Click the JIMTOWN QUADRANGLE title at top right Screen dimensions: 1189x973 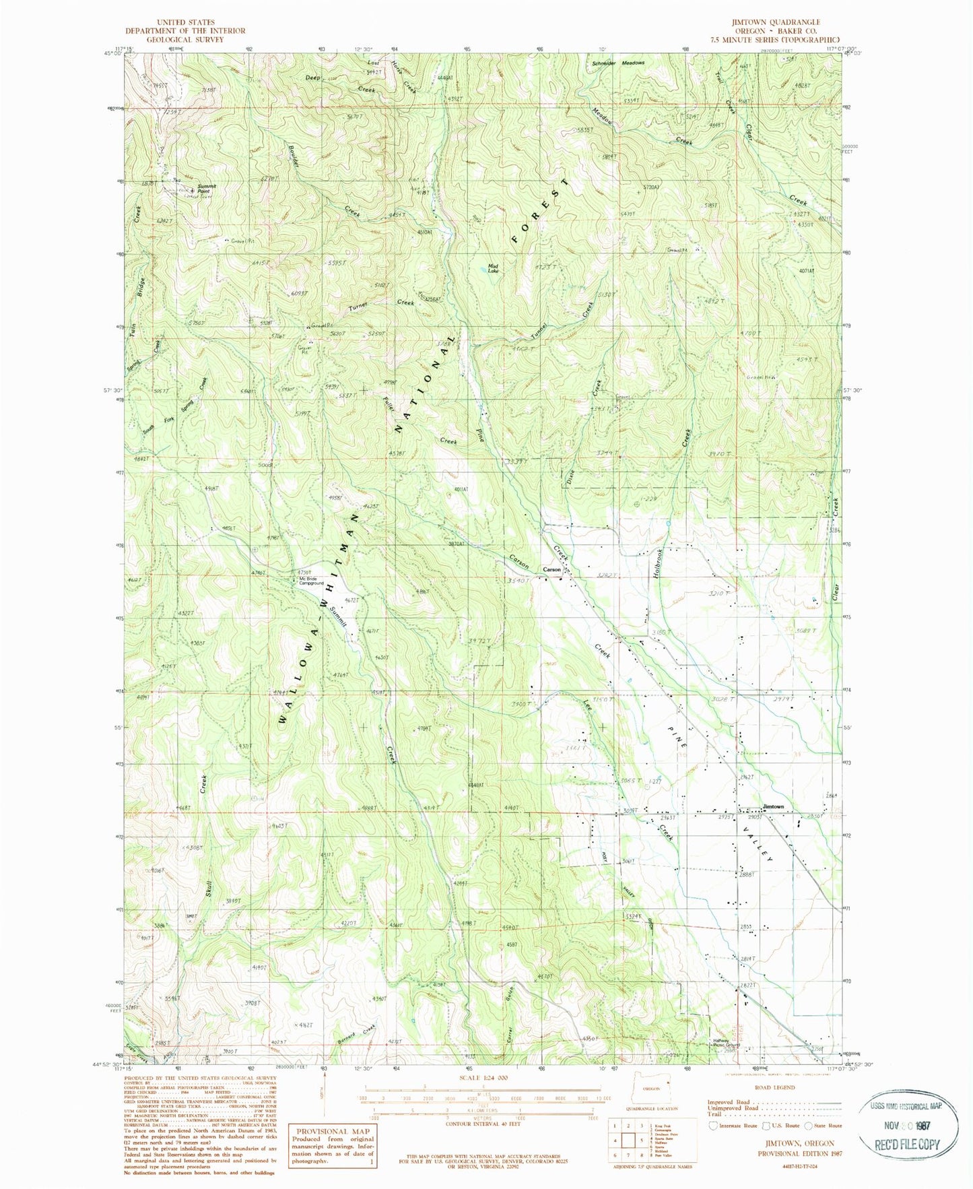780,22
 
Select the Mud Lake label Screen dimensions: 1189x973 494,268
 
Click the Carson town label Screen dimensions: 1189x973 552,569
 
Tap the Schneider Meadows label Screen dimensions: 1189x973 618,63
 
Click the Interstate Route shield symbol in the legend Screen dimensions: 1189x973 714,1126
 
